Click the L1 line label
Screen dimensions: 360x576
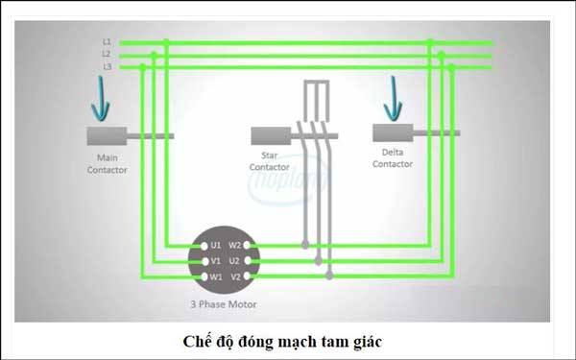pyautogui.click(x=107, y=42)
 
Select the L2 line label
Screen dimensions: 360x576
pyautogui.click(x=107, y=55)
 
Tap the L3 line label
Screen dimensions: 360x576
pyautogui.click(x=107, y=67)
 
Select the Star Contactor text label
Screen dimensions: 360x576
pyautogui.click(x=269, y=160)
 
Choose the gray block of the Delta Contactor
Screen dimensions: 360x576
pyautogui.click(x=393, y=133)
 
